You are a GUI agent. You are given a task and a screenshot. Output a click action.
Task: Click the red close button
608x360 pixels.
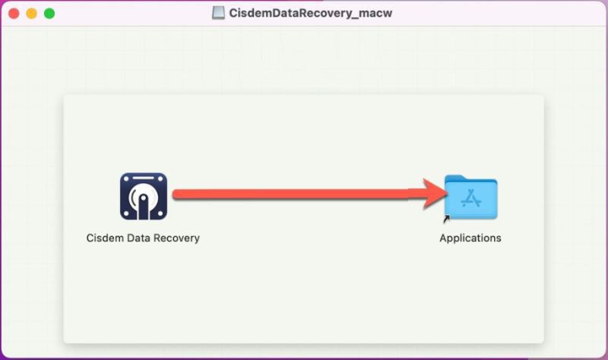[14, 14]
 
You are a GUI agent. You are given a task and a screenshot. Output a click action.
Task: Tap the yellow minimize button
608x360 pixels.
[31, 14]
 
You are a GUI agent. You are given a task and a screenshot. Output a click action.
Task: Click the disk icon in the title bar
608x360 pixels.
[218, 13]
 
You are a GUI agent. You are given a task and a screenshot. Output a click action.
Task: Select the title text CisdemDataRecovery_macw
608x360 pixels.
[311, 13]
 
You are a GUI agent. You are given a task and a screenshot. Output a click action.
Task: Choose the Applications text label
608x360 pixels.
[470, 238]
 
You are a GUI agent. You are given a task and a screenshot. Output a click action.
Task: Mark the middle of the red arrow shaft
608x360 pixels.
[298, 194]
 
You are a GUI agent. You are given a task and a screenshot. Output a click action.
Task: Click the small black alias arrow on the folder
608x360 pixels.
[446, 219]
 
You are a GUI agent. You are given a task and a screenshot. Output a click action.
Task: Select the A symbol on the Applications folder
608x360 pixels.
[471, 198]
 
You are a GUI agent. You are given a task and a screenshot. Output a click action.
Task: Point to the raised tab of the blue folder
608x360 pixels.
[455, 178]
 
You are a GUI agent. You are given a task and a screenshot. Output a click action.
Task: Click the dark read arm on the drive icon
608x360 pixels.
[144, 207]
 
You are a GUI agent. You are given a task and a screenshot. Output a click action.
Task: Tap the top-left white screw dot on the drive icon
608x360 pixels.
[126, 179]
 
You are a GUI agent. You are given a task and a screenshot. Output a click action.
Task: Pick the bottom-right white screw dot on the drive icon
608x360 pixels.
[160, 213]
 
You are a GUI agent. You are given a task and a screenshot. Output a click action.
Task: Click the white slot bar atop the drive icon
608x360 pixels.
[144, 178]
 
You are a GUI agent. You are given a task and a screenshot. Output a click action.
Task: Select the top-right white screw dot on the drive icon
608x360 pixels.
[160, 179]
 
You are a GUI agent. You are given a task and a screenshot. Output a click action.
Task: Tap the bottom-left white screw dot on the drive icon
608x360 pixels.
[126, 213]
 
